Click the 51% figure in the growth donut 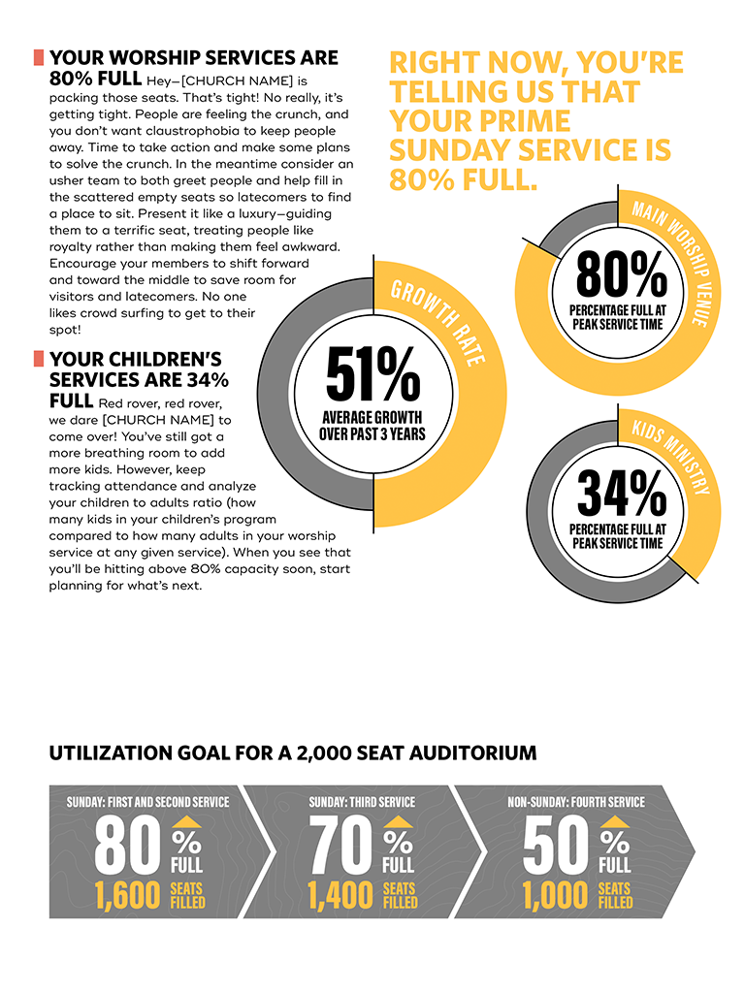click(x=372, y=374)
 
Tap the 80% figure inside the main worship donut click(x=621, y=274)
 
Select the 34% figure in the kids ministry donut click(x=621, y=495)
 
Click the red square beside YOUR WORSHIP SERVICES click(x=39, y=57)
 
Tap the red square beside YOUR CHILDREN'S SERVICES click(x=39, y=359)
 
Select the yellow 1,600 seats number click(x=127, y=896)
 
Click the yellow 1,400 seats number click(x=340, y=896)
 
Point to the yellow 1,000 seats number click(x=554, y=896)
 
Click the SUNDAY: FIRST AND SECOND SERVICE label click(x=148, y=802)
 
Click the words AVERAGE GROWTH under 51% click(x=372, y=418)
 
